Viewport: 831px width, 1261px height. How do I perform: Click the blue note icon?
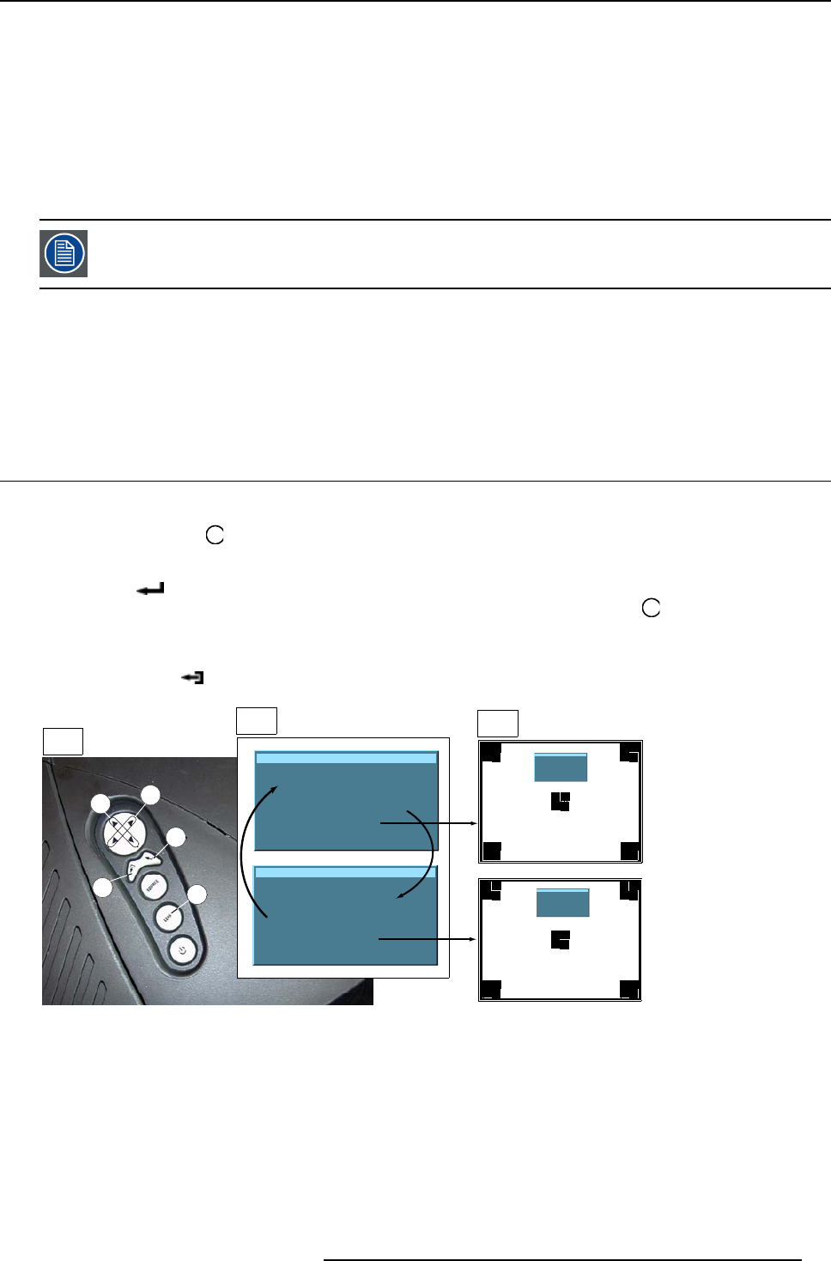pyautogui.click(x=64, y=253)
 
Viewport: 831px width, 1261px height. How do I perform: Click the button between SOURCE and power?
pyautogui.click(x=168, y=918)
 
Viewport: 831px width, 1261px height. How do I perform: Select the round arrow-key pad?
pyautogui.click(x=122, y=830)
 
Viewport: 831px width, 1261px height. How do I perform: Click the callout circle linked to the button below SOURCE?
pyautogui.click(x=197, y=894)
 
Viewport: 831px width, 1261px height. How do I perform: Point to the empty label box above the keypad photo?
pyautogui.click(x=63, y=741)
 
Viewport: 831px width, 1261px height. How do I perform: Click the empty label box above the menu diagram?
pyautogui.click(x=256, y=721)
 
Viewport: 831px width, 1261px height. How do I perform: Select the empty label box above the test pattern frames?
pyautogui.click(x=497, y=723)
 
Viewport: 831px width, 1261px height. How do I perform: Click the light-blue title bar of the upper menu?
pyautogui.click(x=347, y=758)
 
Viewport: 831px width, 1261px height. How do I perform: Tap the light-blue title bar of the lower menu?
pyautogui.click(x=347, y=871)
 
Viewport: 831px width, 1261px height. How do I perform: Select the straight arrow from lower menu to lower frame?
pyautogui.click(x=428, y=939)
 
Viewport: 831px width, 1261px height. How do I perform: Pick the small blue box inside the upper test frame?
pyautogui.click(x=561, y=767)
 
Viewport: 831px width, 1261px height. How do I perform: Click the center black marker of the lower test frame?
pyautogui.click(x=560, y=940)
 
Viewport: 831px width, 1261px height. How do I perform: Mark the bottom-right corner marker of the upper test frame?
pyautogui.click(x=629, y=851)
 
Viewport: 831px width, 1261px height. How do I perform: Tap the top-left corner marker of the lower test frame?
pyautogui.click(x=491, y=890)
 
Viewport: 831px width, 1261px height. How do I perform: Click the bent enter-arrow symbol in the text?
pyautogui.click(x=150, y=590)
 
